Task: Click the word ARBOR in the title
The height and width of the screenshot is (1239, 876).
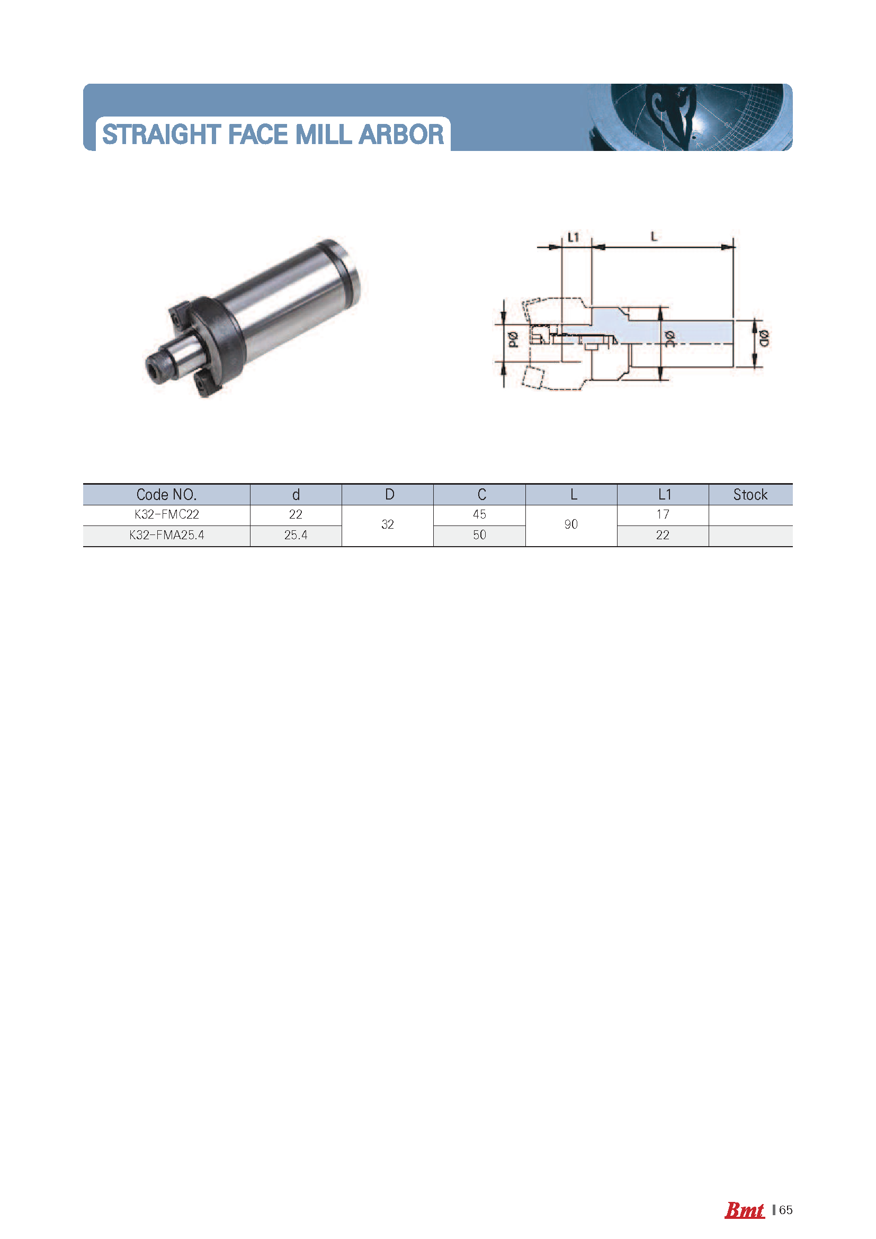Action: [x=401, y=135]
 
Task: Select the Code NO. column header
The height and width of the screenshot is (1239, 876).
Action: [x=166, y=494]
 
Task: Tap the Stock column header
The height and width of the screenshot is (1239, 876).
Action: [x=750, y=494]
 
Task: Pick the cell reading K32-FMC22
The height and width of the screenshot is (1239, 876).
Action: [x=166, y=515]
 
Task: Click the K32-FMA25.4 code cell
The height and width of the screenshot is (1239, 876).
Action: [x=166, y=536]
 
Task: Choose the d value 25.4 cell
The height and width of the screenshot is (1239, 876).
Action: [x=296, y=536]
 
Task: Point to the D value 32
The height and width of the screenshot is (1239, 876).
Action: [x=387, y=524]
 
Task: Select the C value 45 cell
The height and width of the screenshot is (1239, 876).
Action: [x=479, y=515]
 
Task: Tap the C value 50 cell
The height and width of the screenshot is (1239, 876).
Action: [x=479, y=536]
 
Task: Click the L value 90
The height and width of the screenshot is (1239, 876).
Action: [x=571, y=524]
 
